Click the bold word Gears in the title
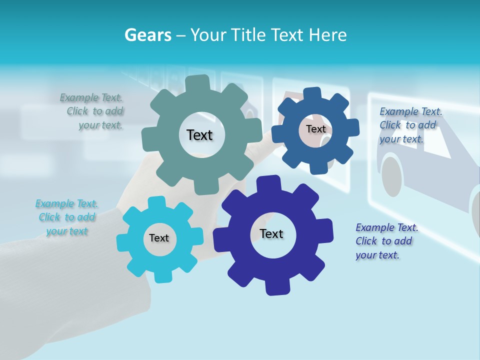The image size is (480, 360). (x=147, y=35)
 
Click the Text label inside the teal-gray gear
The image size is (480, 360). (x=199, y=135)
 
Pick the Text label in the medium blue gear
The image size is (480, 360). (x=315, y=129)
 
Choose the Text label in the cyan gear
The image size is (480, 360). (x=159, y=238)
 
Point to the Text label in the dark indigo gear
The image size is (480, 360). (x=271, y=233)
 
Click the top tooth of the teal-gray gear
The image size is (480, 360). (x=197, y=82)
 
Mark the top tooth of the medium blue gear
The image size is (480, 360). (x=312, y=93)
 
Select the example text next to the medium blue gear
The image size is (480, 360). (x=410, y=125)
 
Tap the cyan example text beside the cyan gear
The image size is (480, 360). (x=67, y=217)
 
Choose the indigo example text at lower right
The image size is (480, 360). (x=386, y=241)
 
